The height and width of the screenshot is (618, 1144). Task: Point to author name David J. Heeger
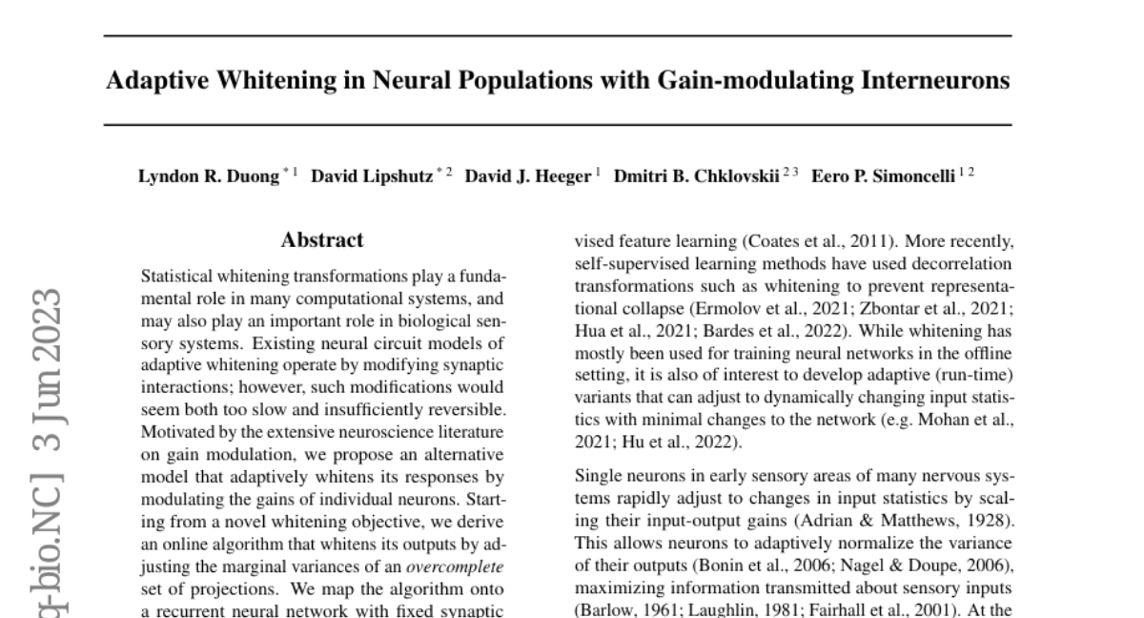527,176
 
